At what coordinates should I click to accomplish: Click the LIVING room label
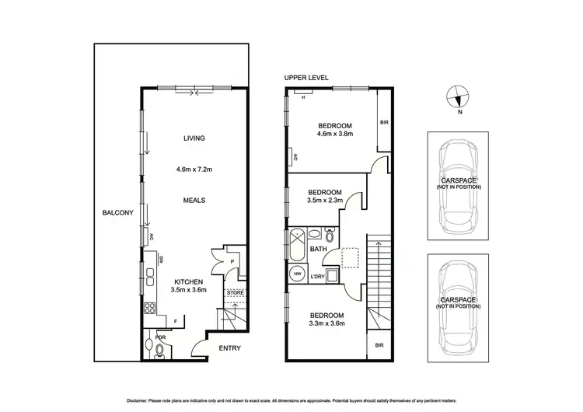point(194,138)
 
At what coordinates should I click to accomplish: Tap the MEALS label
point(194,200)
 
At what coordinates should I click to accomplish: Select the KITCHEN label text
point(188,281)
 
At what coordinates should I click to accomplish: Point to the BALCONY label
point(117,213)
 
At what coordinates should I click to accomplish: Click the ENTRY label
point(229,348)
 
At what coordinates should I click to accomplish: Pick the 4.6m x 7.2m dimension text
point(194,169)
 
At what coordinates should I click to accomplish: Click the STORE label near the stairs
point(234,292)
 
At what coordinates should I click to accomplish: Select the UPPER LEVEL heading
point(306,79)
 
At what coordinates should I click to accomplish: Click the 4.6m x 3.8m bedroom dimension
point(335,134)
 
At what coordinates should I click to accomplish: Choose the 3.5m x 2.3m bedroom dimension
point(324,201)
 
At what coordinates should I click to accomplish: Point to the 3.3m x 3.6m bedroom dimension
point(326,323)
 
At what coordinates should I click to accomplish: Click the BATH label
point(318,250)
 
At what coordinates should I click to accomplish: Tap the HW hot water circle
point(297,274)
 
